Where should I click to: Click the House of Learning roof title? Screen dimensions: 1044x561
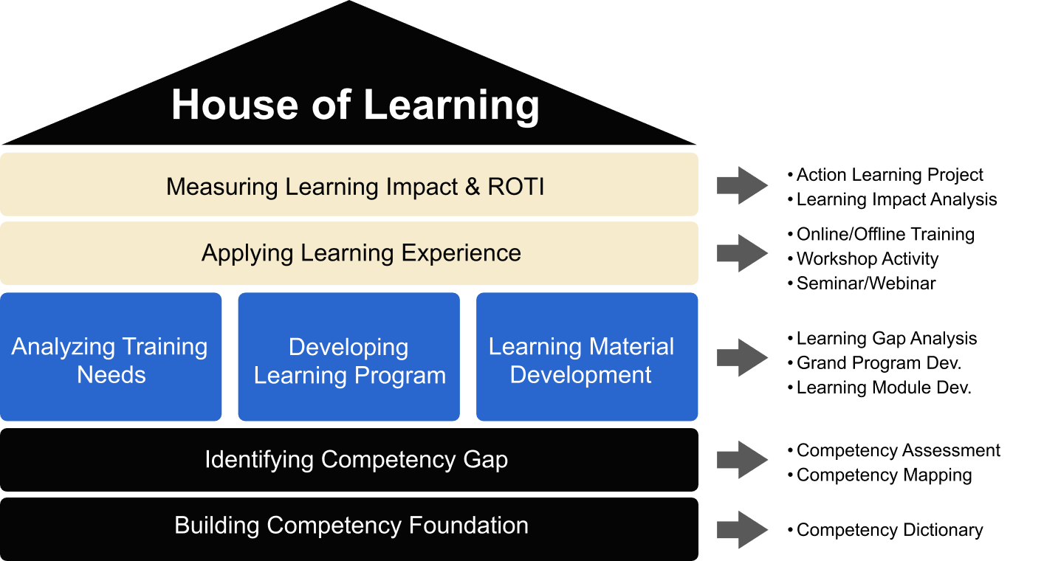tap(355, 106)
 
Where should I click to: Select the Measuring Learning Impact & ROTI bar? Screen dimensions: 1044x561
tap(349, 185)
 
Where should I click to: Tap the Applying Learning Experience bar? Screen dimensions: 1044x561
tap(349, 253)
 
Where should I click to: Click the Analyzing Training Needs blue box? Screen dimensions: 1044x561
tap(111, 357)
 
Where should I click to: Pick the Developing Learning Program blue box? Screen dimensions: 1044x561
tap(348, 357)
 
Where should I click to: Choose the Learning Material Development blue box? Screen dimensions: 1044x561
tap(587, 357)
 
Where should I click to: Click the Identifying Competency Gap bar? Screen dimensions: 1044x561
tap(349, 460)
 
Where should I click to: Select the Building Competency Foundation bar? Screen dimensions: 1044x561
tap(349, 529)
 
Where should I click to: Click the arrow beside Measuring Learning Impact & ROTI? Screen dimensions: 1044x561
tap(743, 185)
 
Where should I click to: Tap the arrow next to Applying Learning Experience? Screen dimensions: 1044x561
tap(743, 253)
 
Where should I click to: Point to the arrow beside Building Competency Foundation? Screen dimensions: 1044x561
tap(743, 530)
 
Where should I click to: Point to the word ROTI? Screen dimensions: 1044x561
tap(516, 187)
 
